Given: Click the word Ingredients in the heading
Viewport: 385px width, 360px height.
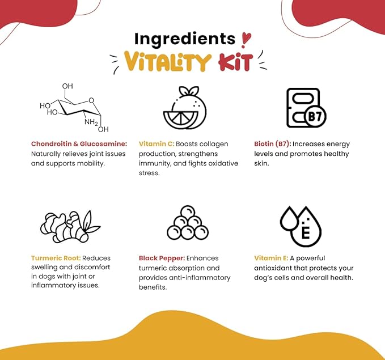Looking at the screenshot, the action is pyautogui.click(x=185, y=39).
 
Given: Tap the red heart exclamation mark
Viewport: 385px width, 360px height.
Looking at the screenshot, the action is pyautogui.click(x=246, y=40).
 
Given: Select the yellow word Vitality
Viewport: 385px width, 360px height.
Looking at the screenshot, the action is pyautogui.click(x=167, y=61).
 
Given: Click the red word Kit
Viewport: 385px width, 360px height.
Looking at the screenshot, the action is pyautogui.click(x=235, y=62).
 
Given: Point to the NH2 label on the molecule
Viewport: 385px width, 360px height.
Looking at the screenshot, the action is pyautogui.click(x=91, y=122).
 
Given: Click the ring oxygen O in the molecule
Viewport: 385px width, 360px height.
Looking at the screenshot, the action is pyautogui.click(x=91, y=100).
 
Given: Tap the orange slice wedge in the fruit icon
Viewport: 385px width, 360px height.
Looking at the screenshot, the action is pyautogui.click(x=181, y=120).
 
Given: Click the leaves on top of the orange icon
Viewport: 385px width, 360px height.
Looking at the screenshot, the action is pyautogui.click(x=189, y=91).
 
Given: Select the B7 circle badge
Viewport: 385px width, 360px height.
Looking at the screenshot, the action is pyautogui.click(x=315, y=116).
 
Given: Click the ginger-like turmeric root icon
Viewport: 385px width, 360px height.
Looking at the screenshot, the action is pyautogui.click(x=70, y=227).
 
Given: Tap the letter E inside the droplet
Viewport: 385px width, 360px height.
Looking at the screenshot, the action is pyautogui.click(x=306, y=233).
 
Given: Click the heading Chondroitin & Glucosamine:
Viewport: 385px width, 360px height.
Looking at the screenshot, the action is pyautogui.click(x=79, y=144).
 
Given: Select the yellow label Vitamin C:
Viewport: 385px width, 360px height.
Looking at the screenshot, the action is pyautogui.click(x=156, y=144).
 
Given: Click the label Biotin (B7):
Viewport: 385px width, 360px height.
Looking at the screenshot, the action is pyautogui.click(x=273, y=144).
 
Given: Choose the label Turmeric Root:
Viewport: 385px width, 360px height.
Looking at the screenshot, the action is pyautogui.click(x=56, y=258).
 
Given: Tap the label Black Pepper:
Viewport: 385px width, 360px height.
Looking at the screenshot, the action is pyautogui.click(x=162, y=259).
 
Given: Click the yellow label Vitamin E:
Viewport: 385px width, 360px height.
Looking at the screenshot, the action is pyautogui.click(x=271, y=258).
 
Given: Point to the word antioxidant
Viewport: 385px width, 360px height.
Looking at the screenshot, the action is pyautogui.click(x=273, y=268).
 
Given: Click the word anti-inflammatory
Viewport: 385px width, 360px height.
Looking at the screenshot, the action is pyautogui.click(x=200, y=278).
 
